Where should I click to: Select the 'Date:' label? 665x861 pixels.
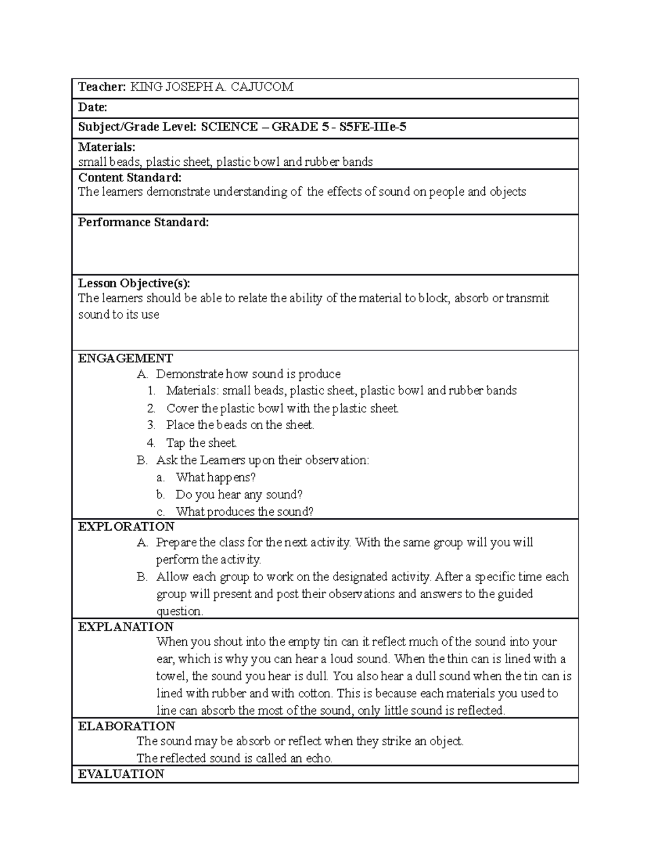coord(93,107)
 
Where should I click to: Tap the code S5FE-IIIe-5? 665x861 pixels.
coord(371,127)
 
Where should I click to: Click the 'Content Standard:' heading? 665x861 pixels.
coord(130,178)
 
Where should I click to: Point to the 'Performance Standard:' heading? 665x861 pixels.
coord(144,222)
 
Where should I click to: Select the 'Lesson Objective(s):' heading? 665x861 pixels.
coord(134,283)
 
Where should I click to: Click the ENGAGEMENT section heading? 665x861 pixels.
coord(125,358)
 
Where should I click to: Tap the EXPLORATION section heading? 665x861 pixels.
coord(126,526)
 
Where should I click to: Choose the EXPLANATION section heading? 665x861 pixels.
coord(126,626)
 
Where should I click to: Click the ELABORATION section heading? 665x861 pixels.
coord(126,726)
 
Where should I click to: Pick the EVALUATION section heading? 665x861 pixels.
coord(121,774)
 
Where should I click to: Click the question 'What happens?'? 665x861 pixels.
coord(216,477)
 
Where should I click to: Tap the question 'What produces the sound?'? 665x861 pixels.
coord(244,512)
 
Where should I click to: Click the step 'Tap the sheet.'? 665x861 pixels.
coord(201,443)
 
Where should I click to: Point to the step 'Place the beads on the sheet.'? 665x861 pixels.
coord(240,425)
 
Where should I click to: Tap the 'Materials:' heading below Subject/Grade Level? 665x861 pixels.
coord(106,147)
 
